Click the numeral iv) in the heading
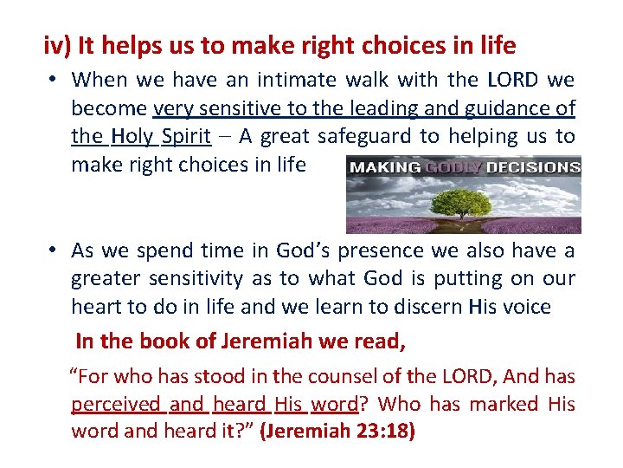click(x=57, y=45)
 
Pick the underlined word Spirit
click(x=188, y=136)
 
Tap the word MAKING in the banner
click(x=383, y=166)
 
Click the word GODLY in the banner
click(x=454, y=166)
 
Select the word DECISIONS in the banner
click(x=533, y=166)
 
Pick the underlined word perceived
click(x=116, y=404)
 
